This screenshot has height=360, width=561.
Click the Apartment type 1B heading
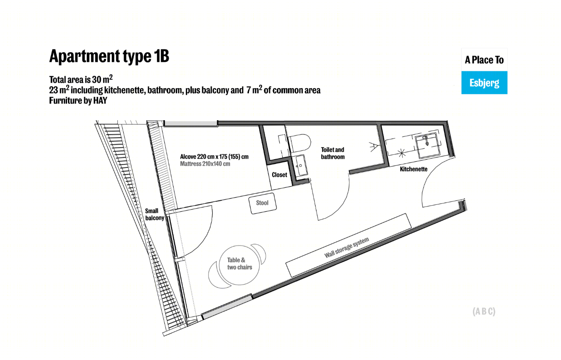pyautogui.click(x=109, y=57)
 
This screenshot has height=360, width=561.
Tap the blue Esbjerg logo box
pyautogui.click(x=484, y=83)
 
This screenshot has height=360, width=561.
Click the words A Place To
pyautogui.click(x=484, y=60)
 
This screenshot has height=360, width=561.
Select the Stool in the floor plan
pyautogui.click(x=263, y=203)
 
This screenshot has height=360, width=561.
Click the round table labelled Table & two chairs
pyautogui.click(x=239, y=265)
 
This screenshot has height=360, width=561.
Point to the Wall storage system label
pyautogui.click(x=347, y=247)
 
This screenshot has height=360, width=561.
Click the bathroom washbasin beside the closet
pyautogui.click(x=300, y=165)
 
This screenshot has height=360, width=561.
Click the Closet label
pyautogui.click(x=280, y=175)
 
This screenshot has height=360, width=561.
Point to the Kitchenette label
pyautogui.click(x=413, y=169)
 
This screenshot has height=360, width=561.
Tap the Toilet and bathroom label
pyautogui.click(x=333, y=153)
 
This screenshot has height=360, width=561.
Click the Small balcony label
pyautogui.click(x=155, y=214)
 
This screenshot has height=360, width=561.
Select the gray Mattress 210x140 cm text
pyautogui.click(x=205, y=164)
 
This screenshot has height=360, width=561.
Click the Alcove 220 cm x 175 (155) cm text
pyautogui.click(x=214, y=157)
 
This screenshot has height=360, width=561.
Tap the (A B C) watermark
pyautogui.click(x=484, y=311)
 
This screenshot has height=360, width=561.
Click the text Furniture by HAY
pyautogui.click(x=78, y=100)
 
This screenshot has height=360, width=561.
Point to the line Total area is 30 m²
pyautogui.click(x=81, y=79)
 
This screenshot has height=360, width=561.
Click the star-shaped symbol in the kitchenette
pyautogui.click(x=402, y=153)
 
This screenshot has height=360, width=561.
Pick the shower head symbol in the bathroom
pyautogui.click(x=374, y=146)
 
